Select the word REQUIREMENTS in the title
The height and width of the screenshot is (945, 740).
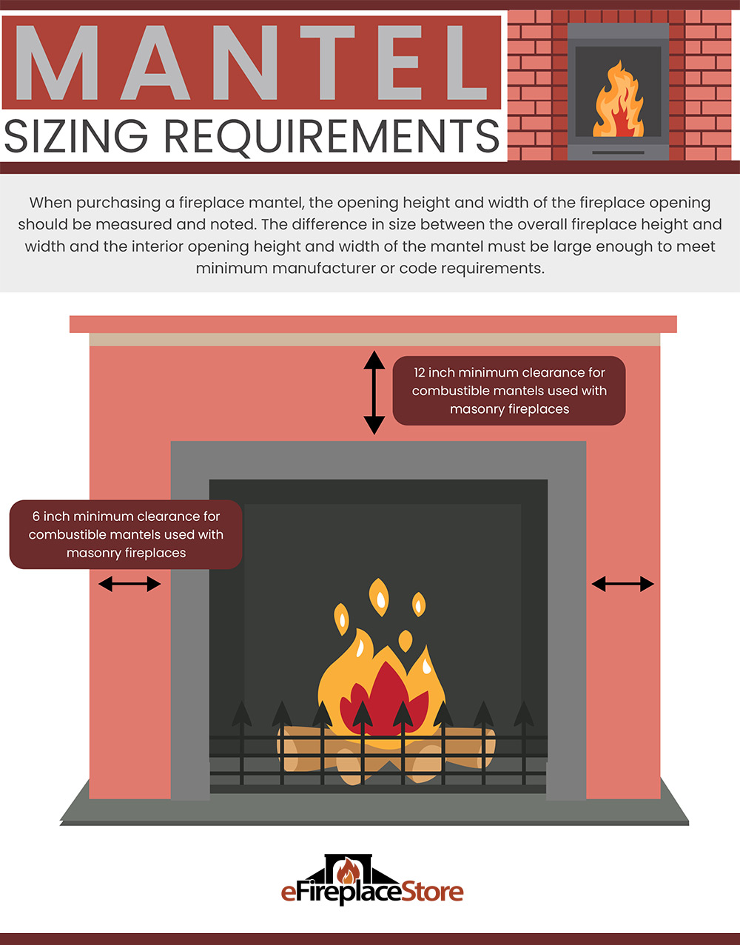[332, 137]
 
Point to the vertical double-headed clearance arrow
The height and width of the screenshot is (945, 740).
[374, 392]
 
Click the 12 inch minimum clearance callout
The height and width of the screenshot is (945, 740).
[509, 391]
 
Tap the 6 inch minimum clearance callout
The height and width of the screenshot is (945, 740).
[126, 534]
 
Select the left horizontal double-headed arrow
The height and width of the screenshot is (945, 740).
[129, 584]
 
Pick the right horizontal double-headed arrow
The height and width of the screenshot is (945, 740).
[622, 584]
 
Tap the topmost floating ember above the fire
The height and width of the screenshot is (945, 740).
[379, 596]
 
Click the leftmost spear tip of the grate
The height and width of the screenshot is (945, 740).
[242, 713]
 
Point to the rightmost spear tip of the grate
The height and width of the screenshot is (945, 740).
[523, 713]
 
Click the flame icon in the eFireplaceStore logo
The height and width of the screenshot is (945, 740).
[349, 871]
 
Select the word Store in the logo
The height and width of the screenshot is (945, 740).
[431, 892]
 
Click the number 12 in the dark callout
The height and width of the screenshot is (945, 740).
[419, 373]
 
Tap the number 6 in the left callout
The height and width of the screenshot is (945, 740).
[36, 517]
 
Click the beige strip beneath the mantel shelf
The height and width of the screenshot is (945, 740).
[374, 340]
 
